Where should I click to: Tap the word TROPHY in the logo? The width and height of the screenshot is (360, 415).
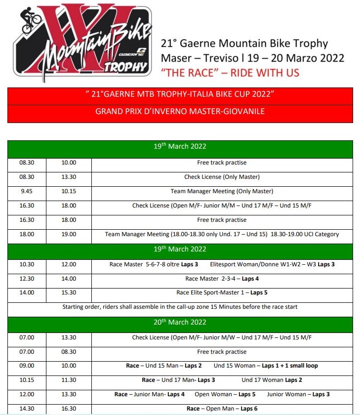pyautogui.click(x=124, y=68)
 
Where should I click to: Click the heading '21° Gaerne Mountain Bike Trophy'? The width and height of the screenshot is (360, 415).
pyautogui.click(x=244, y=43)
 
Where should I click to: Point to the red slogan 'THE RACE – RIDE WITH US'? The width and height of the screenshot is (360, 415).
pyautogui.click(x=230, y=73)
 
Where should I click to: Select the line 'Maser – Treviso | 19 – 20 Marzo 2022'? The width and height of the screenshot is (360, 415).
pyautogui.click(x=252, y=58)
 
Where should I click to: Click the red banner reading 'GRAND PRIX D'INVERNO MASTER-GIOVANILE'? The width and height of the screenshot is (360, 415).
pyautogui.click(x=180, y=112)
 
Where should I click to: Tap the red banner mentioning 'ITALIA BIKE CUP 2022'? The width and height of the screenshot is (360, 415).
pyautogui.click(x=180, y=94)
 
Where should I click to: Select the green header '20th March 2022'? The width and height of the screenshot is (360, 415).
pyautogui.click(x=180, y=322)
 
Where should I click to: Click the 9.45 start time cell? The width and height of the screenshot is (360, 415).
pyautogui.click(x=27, y=191)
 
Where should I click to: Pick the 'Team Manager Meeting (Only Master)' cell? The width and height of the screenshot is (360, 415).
pyautogui.click(x=222, y=191)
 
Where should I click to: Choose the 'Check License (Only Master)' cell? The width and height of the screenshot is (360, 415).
pyautogui.click(x=222, y=177)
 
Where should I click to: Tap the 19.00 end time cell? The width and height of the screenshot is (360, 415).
pyautogui.click(x=69, y=234)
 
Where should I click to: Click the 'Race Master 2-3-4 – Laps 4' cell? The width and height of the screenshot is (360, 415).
pyautogui.click(x=222, y=279)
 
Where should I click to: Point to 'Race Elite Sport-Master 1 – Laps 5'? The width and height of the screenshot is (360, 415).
pyautogui.click(x=222, y=292)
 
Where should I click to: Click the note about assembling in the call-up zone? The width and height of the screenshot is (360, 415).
pyautogui.click(x=180, y=307)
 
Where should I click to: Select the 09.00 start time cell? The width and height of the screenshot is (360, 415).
pyautogui.click(x=27, y=366)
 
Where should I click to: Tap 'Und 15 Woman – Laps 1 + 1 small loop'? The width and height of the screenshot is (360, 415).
pyautogui.click(x=266, y=366)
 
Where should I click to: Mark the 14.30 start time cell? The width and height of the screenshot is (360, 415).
pyautogui.click(x=27, y=409)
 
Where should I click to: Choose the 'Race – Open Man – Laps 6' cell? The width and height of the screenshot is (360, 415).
pyautogui.click(x=222, y=409)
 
